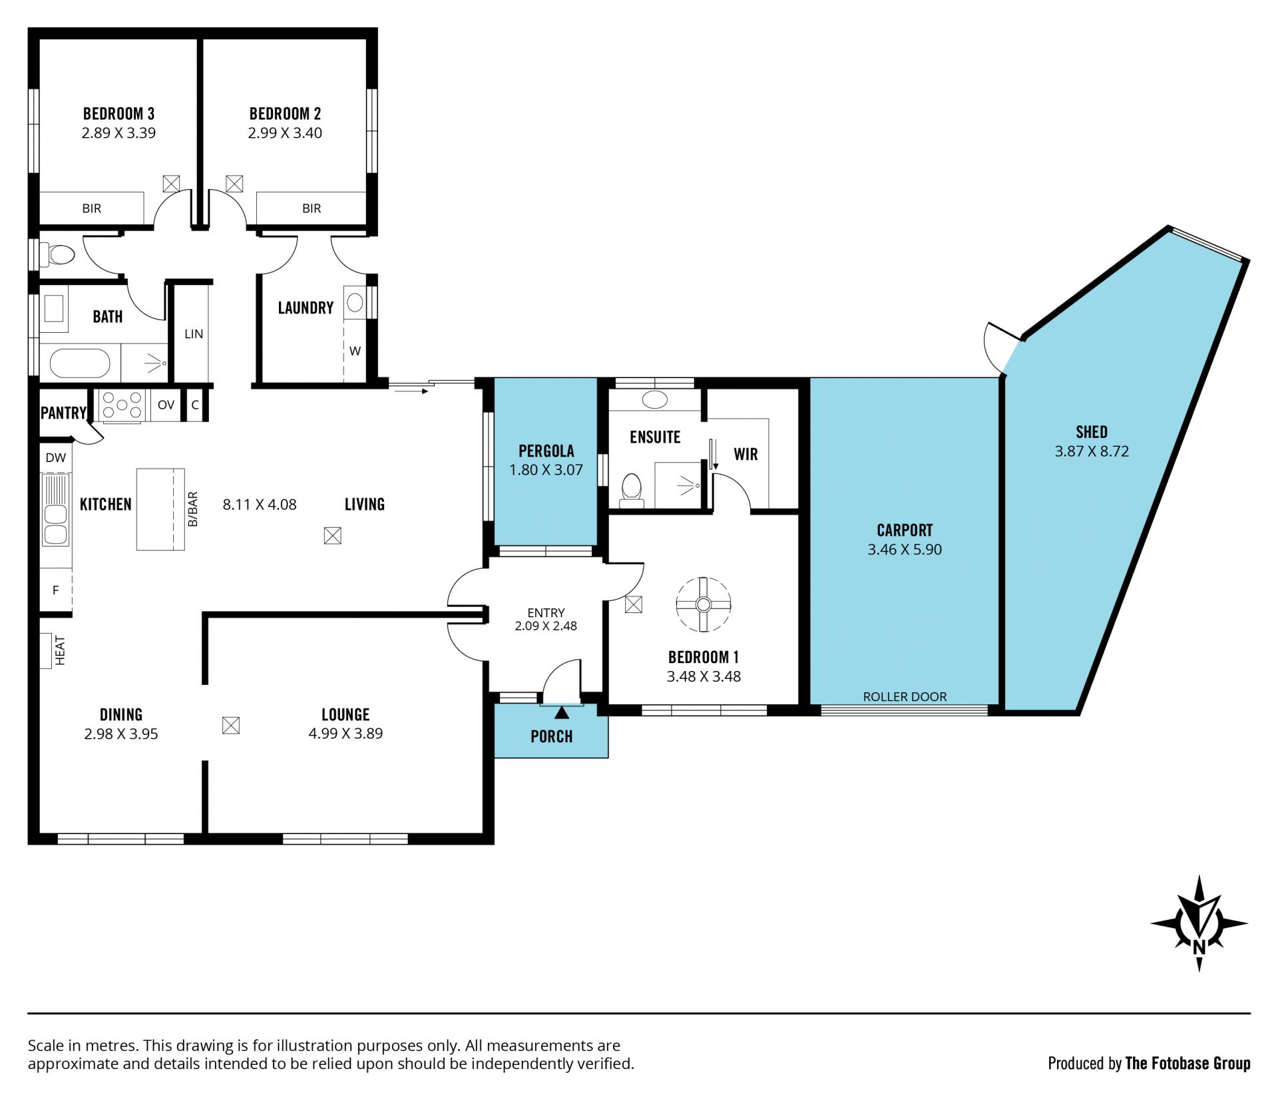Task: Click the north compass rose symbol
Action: coord(1199,923)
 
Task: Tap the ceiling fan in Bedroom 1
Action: coord(704,604)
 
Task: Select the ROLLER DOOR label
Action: coord(905,697)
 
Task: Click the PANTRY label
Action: coord(63,413)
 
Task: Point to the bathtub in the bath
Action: coord(80,364)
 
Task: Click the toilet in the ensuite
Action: coord(631,489)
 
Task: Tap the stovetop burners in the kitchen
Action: coord(122,405)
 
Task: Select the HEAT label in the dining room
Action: coord(61,650)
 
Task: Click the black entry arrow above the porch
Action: coord(562,713)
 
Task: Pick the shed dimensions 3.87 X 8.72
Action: coord(1092,451)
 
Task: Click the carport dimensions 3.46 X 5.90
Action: coord(905,550)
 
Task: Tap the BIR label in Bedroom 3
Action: coord(92,208)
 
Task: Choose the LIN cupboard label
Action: coord(194,334)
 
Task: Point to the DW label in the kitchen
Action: coord(56,458)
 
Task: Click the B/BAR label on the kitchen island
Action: coord(193,509)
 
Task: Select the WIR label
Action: coord(745,454)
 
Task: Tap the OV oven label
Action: coord(166,405)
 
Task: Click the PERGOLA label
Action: coord(546,451)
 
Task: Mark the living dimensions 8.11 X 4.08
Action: coord(260,505)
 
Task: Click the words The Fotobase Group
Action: coord(1187,1064)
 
